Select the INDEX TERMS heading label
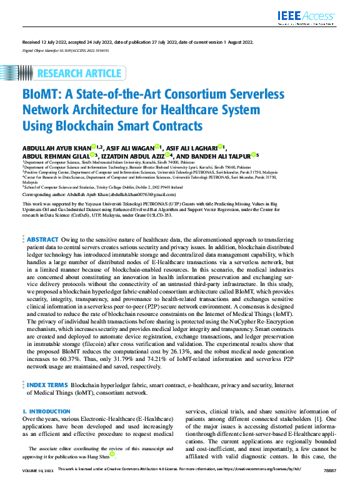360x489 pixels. click(47, 386)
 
